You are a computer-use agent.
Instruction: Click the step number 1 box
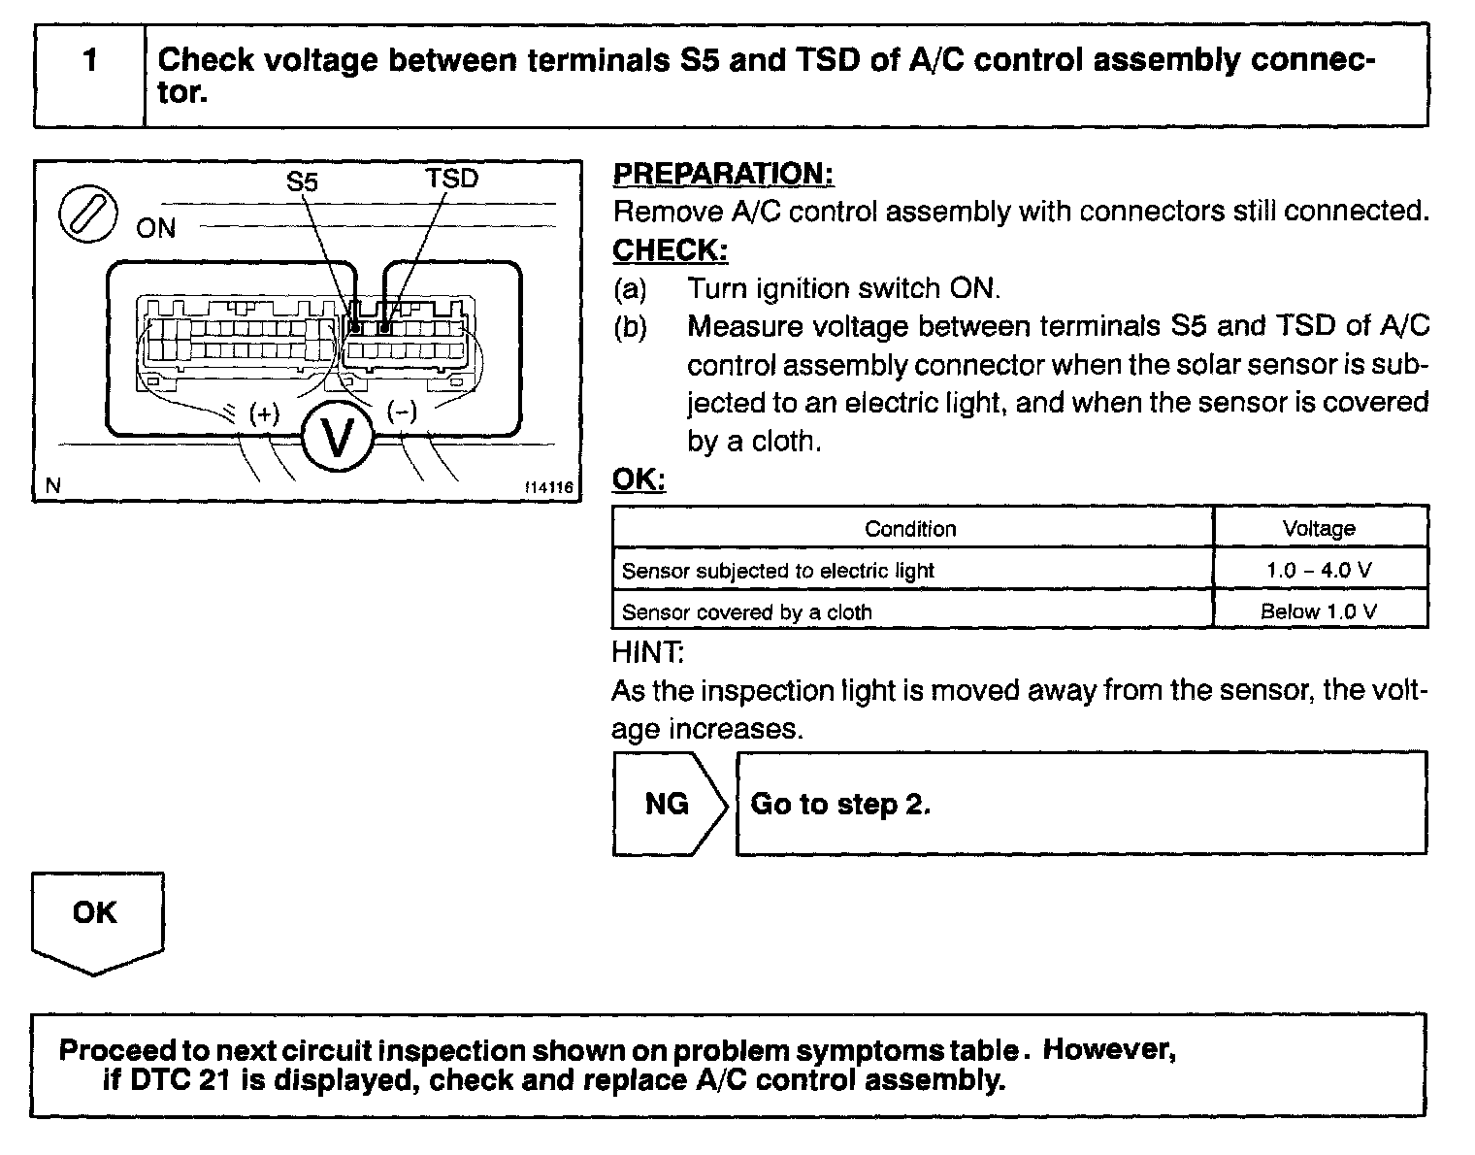tap(89, 76)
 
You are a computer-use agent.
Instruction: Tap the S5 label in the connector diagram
tap(302, 181)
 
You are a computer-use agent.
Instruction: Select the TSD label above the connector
tap(451, 179)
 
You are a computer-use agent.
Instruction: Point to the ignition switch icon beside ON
tap(88, 213)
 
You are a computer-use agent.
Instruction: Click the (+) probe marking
tap(264, 413)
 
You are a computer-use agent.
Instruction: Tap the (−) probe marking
tap(402, 412)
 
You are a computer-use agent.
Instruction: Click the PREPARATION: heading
tap(723, 174)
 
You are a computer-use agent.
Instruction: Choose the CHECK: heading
tap(670, 250)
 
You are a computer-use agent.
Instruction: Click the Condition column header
tap(910, 529)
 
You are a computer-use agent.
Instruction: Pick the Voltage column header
tap(1319, 529)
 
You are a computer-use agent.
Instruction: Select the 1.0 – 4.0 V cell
tap(1319, 570)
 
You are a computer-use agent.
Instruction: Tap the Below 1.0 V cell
tap(1319, 611)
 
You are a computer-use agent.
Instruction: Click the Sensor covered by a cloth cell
tap(747, 612)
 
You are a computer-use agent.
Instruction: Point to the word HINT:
tap(647, 651)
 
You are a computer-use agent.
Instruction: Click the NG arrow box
tap(668, 804)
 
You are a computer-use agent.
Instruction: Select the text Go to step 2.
tap(840, 805)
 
